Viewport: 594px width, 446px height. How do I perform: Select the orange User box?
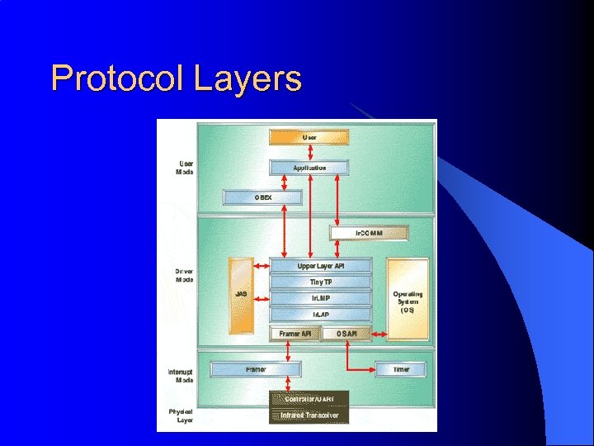coord(309,137)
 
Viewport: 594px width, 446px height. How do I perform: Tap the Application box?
coord(309,168)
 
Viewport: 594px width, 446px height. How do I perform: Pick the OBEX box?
coord(263,197)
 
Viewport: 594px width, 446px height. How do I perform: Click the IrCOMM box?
coord(369,233)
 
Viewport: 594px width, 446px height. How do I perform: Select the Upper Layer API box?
coord(321,266)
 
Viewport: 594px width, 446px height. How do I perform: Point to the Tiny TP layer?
coord(321,282)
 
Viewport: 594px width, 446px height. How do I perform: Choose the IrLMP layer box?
coord(321,298)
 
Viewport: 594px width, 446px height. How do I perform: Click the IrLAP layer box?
coord(321,315)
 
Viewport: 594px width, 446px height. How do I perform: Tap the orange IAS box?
coord(241,295)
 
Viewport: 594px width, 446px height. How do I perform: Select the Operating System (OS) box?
coord(408,301)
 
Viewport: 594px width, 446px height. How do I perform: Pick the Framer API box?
coord(295,334)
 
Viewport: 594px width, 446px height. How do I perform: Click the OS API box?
coord(347,334)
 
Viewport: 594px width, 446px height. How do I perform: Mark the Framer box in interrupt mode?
coord(256,369)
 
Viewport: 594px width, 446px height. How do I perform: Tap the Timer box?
coord(402,369)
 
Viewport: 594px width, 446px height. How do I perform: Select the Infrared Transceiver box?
coord(309,415)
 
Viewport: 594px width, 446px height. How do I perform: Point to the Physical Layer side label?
coord(181,415)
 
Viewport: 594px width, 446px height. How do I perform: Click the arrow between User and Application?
coord(309,152)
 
